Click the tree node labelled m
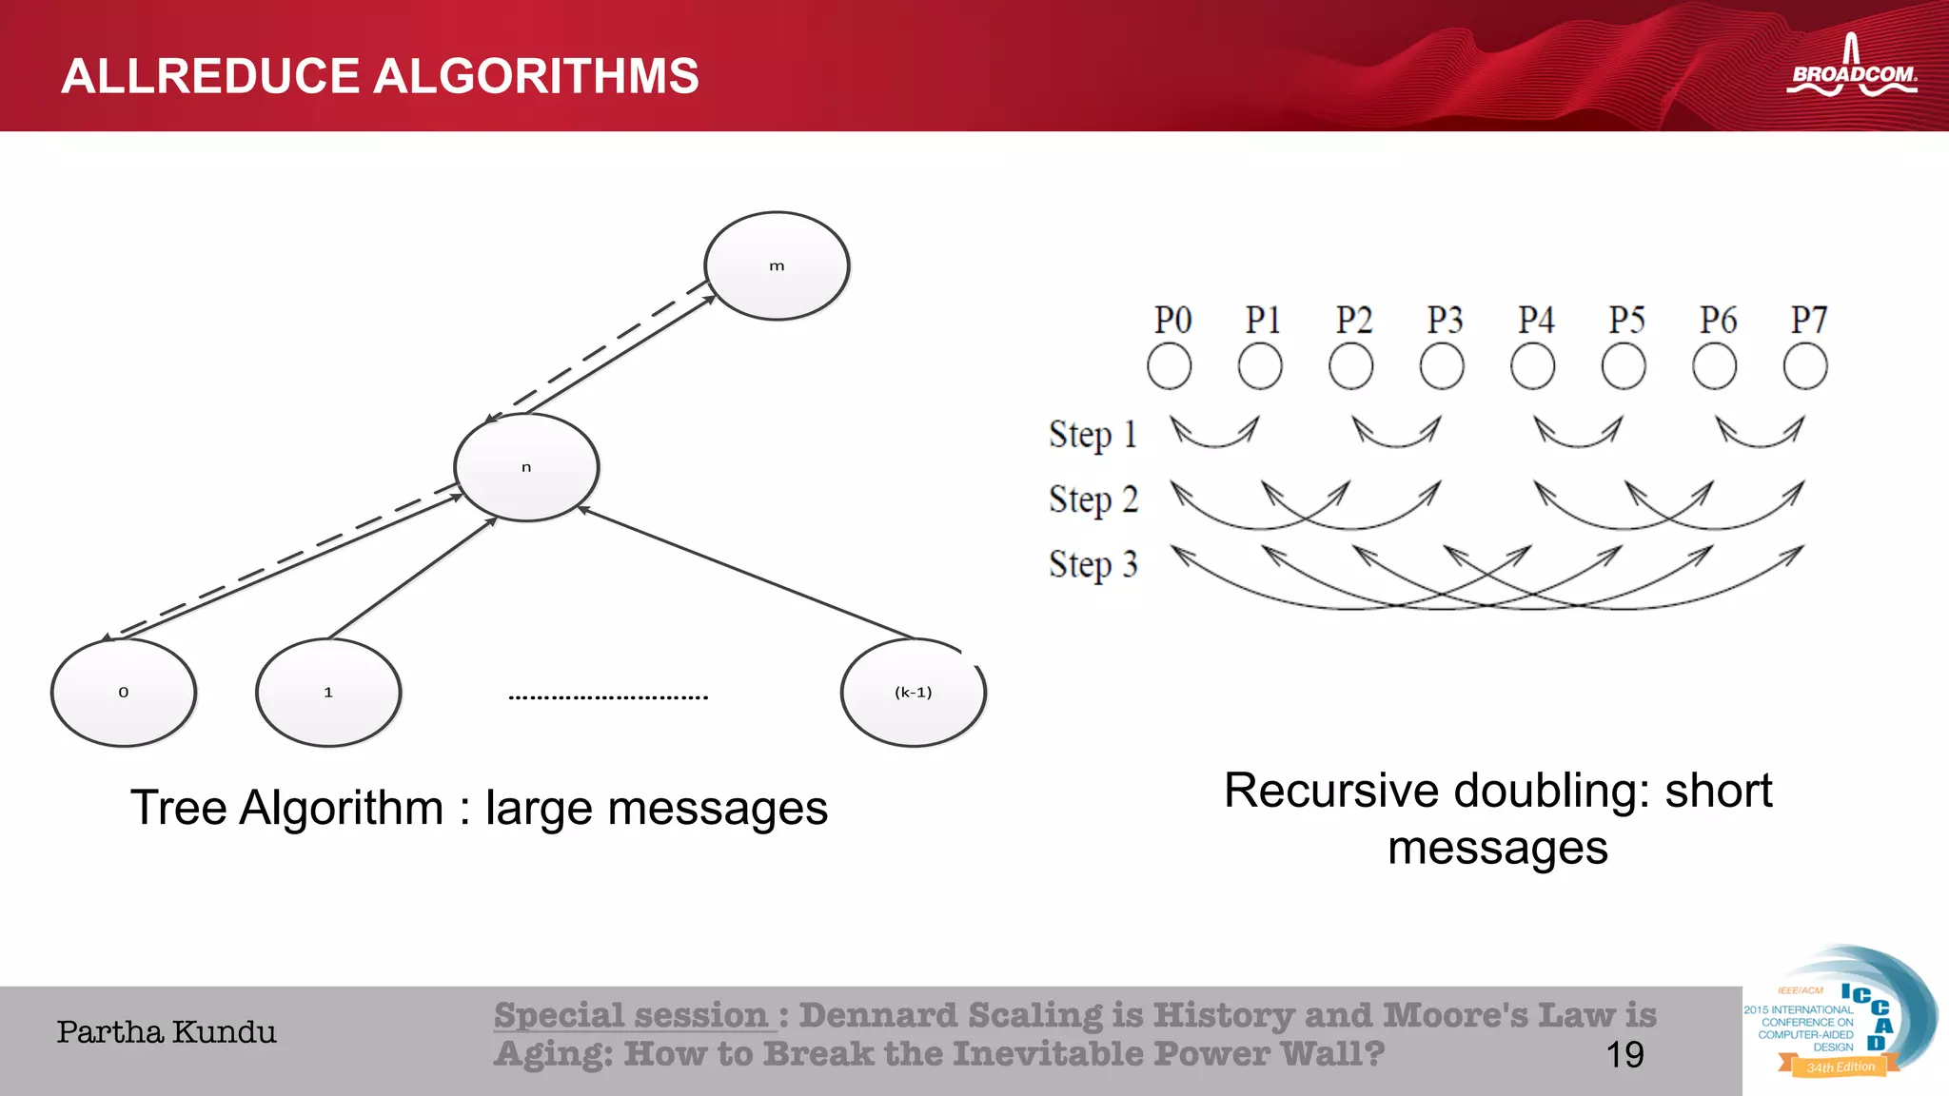point(777,266)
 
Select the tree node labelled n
point(526,467)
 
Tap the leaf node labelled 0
point(124,693)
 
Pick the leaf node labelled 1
point(328,693)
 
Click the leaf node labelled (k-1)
point(913,693)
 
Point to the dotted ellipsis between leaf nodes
point(608,697)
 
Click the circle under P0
point(1169,366)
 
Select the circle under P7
point(1805,366)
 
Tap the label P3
point(1444,320)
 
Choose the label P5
point(1626,320)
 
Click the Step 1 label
point(1093,435)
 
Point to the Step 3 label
point(1093,564)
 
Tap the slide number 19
point(1624,1054)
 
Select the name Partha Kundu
point(167,1032)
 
